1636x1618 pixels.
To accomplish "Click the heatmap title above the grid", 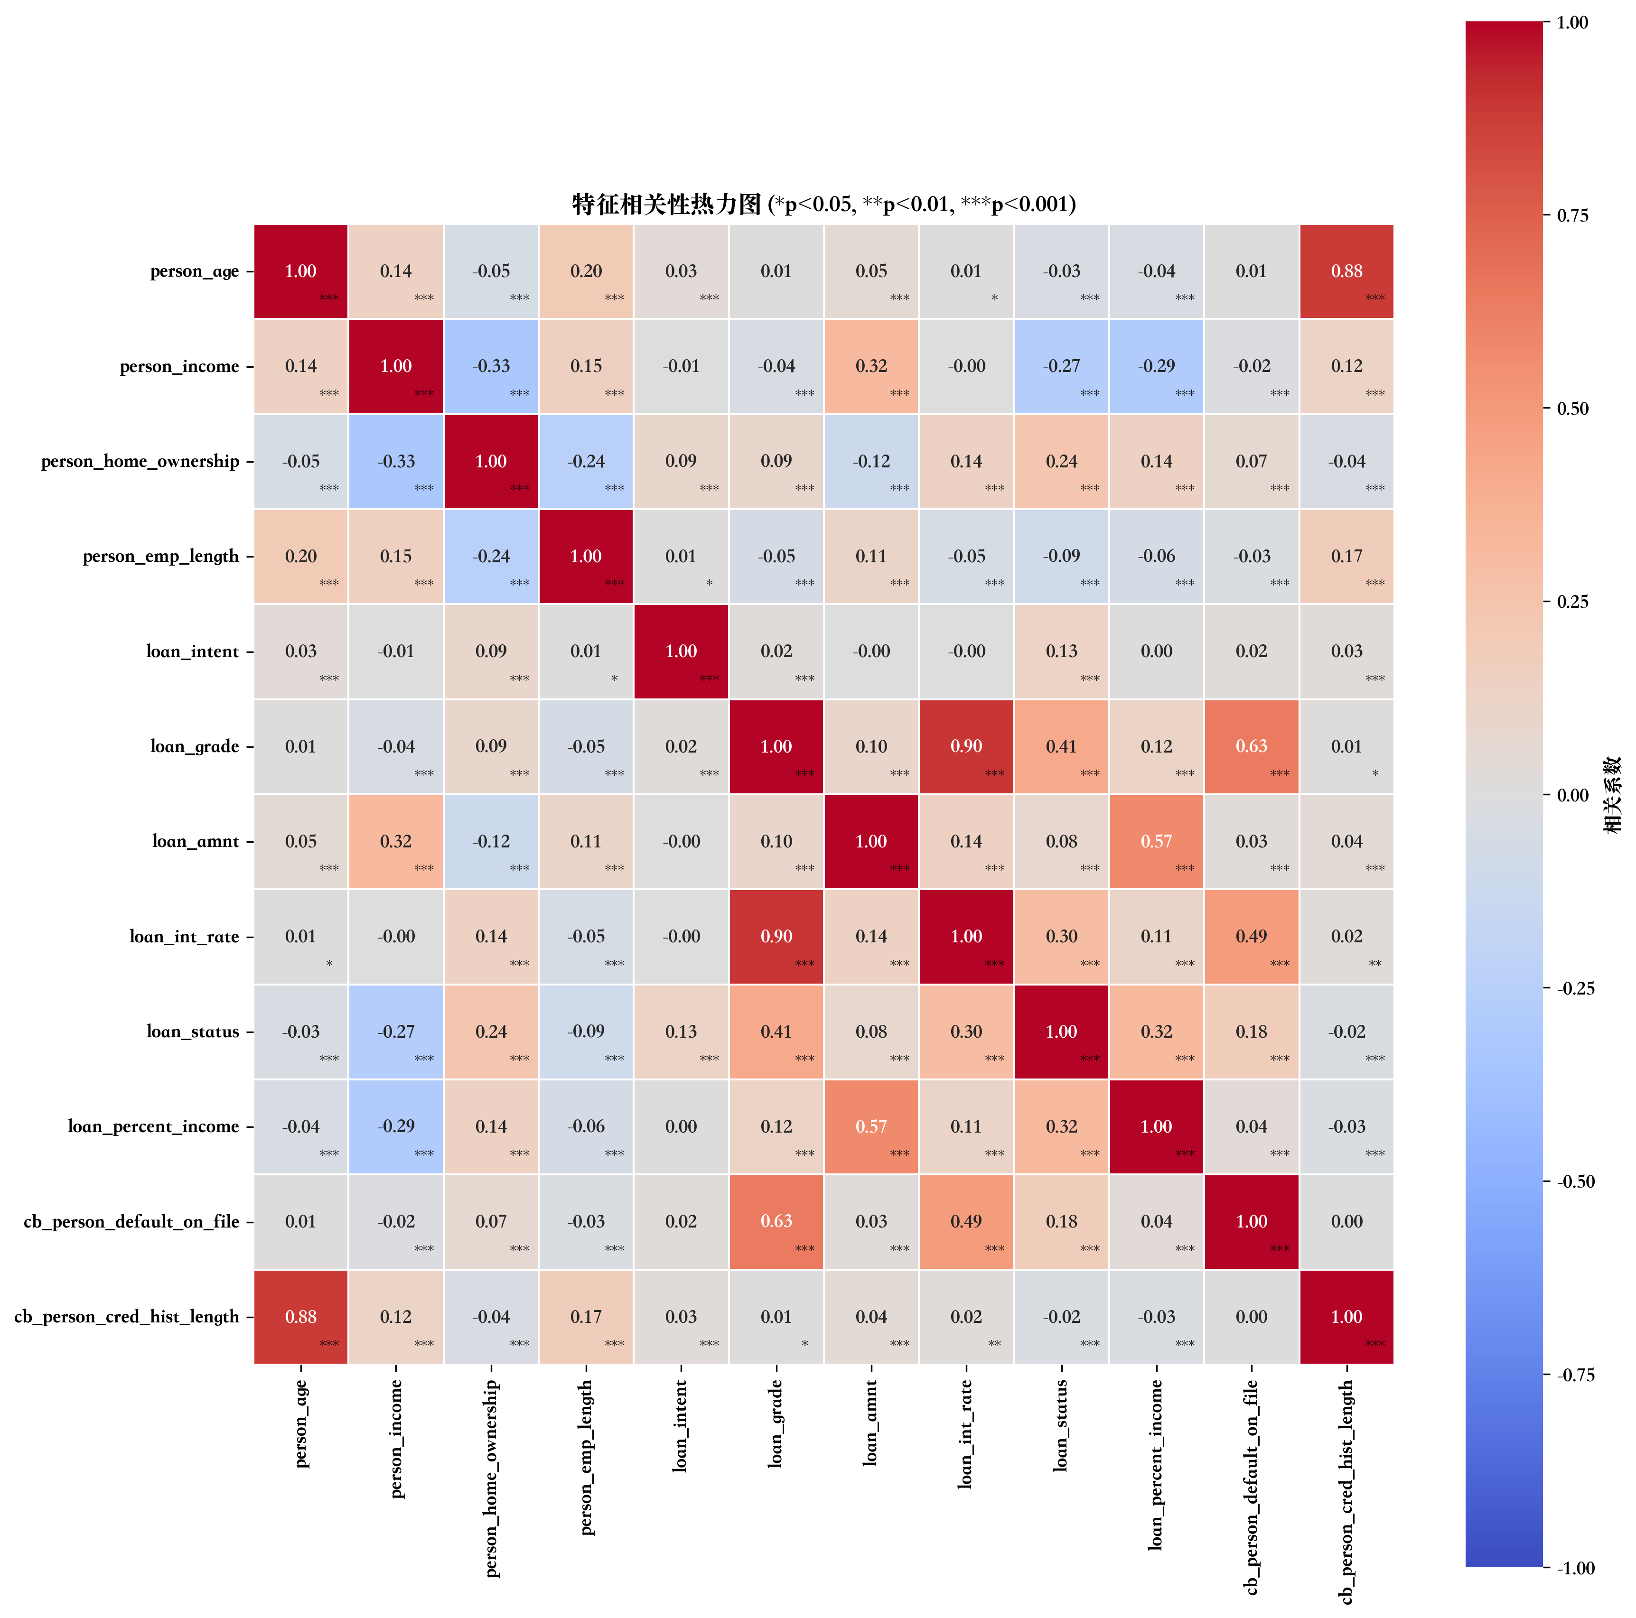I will [823, 204].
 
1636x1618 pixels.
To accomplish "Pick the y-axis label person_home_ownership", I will [140, 462].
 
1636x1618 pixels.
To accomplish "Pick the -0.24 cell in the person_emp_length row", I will [491, 556].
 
